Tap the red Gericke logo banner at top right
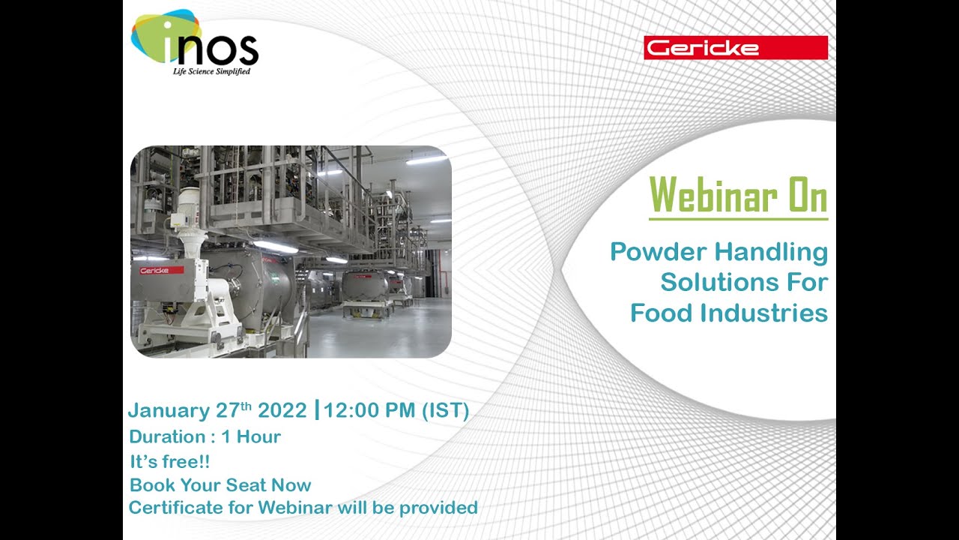pyautogui.click(x=735, y=48)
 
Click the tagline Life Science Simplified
pyautogui.click(x=211, y=71)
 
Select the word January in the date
pyautogui.click(x=169, y=411)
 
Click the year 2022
pyautogui.click(x=282, y=411)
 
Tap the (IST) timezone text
pyautogui.click(x=445, y=411)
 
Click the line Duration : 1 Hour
pyautogui.click(x=205, y=436)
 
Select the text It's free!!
pyautogui.click(x=169, y=462)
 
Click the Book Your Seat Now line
pyautogui.click(x=220, y=485)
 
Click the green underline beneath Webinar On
pyautogui.click(x=738, y=219)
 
